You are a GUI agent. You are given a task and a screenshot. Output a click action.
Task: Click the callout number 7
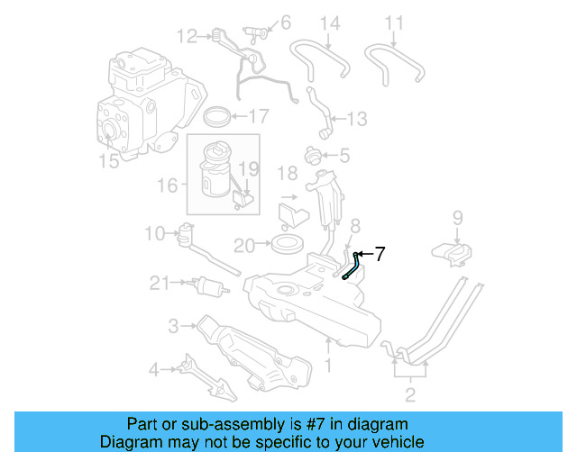[380, 255]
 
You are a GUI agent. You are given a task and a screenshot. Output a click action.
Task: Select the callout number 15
[108, 162]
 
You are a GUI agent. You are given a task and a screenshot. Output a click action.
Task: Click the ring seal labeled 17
[216, 115]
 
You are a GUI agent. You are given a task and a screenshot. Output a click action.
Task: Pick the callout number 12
[187, 36]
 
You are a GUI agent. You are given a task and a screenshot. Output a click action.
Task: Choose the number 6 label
[286, 21]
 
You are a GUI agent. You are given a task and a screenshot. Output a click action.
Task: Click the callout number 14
[331, 23]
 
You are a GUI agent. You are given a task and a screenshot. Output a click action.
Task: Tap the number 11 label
[395, 23]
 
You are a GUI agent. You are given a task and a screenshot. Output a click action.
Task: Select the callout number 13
[357, 118]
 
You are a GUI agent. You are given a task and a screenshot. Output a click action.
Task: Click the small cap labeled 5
[316, 156]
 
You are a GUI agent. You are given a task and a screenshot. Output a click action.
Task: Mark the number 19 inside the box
[249, 168]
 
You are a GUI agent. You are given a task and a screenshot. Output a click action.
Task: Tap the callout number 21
[160, 284]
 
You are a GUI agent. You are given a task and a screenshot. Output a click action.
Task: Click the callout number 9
[457, 217]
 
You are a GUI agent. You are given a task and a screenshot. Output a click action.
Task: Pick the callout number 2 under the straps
[410, 394]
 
